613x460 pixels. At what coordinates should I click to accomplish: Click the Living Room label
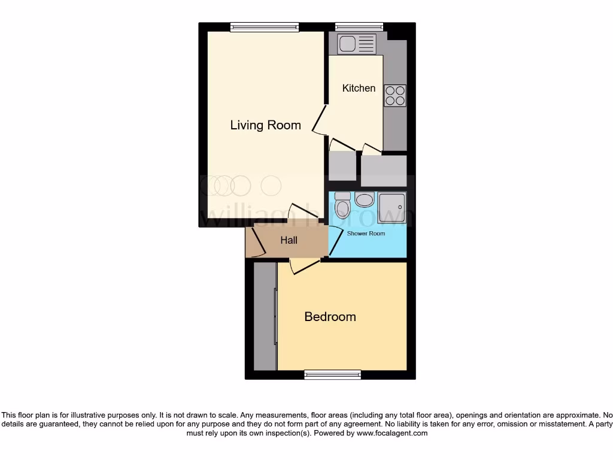(265, 125)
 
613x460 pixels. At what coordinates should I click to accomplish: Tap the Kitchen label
(359, 88)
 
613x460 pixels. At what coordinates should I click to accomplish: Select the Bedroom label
(330, 317)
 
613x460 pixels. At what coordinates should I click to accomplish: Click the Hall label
(289, 240)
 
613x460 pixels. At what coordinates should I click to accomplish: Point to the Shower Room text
(366, 234)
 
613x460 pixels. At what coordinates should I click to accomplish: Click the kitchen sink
(356, 44)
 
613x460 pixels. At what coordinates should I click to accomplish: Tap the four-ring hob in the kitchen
(394, 95)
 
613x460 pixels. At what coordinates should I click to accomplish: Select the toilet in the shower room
(342, 205)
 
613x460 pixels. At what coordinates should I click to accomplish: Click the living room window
(264, 27)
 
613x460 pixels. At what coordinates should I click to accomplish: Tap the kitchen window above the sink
(351, 27)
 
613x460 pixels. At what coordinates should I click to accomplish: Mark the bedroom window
(332, 375)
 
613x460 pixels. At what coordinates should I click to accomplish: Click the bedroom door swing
(299, 267)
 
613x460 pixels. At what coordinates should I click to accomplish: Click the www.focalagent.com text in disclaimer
(392, 433)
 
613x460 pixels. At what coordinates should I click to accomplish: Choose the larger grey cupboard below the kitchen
(384, 170)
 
